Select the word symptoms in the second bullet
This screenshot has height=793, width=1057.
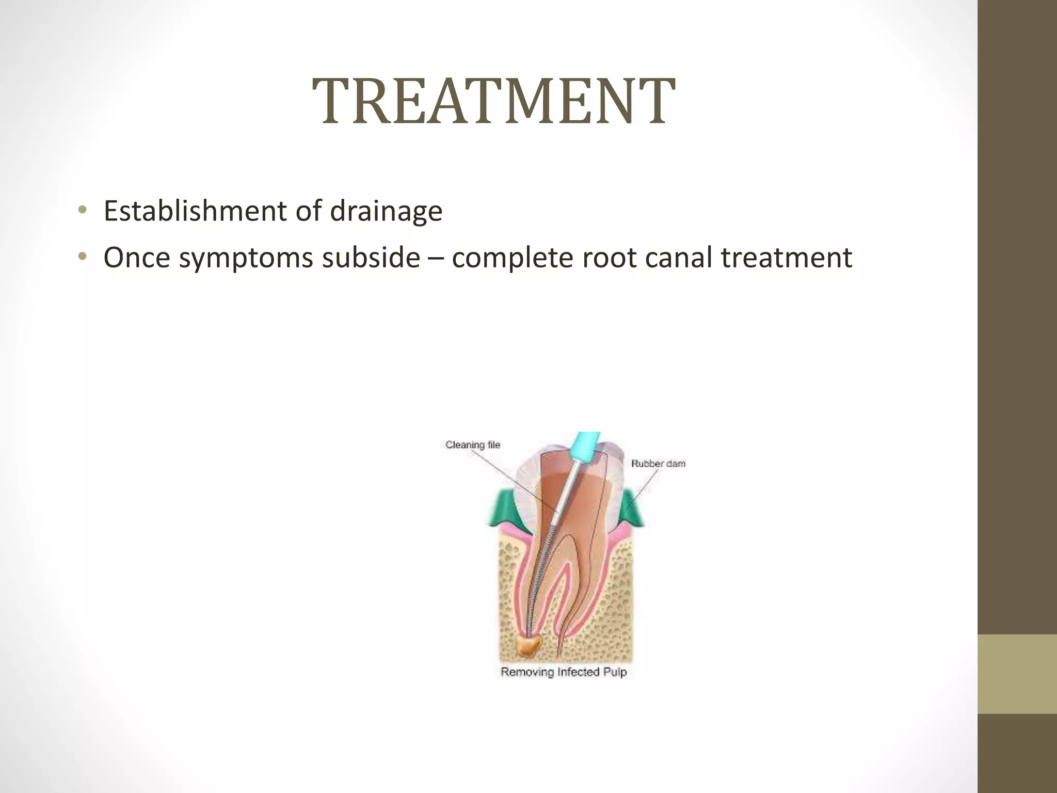point(246,258)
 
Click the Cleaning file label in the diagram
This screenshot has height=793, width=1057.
point(473,445)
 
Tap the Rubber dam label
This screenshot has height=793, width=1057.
point(658,464)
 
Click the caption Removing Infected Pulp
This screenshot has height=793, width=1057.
point(564,672)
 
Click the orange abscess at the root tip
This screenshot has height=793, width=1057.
point(530,645)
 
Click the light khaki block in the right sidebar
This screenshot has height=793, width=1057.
point(1017,674)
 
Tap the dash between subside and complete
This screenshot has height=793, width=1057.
point(436,258)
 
